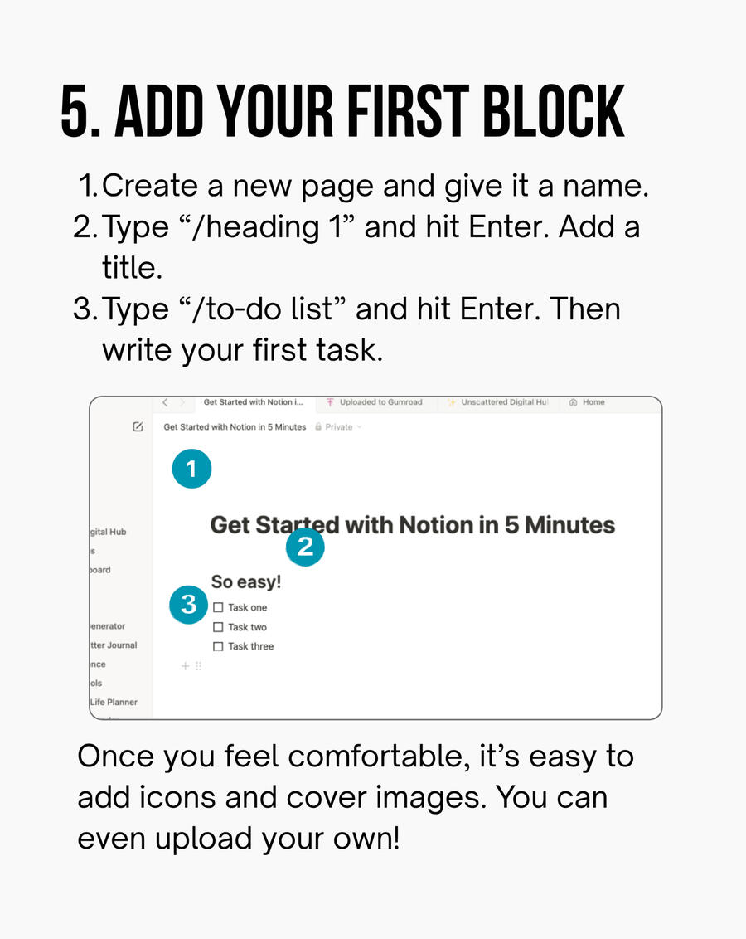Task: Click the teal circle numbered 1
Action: coord(191,469)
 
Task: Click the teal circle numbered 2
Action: coord(305,547)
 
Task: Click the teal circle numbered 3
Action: coord(189,605)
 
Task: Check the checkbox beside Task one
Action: coord(218,608)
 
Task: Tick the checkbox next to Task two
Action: coord(218,628)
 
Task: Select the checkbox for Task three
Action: coord(218,647)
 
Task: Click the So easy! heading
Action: coord(246,582)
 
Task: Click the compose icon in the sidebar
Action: coord(138,427)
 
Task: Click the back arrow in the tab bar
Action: coord(165,402)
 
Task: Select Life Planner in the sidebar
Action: coord(114,702)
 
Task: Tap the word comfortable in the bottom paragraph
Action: coord(390,756)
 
